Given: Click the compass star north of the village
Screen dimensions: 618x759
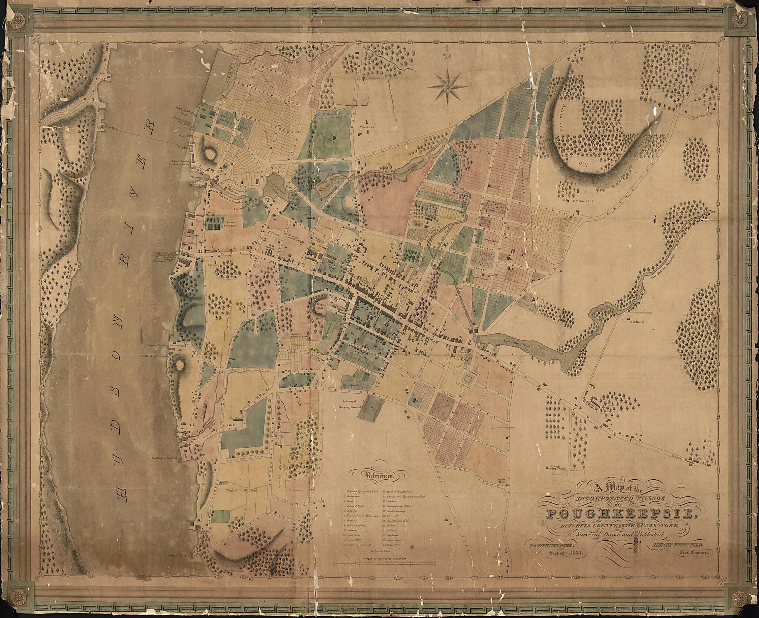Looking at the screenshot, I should point(447,86).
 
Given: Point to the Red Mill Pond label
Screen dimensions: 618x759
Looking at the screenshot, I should point(512,340).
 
